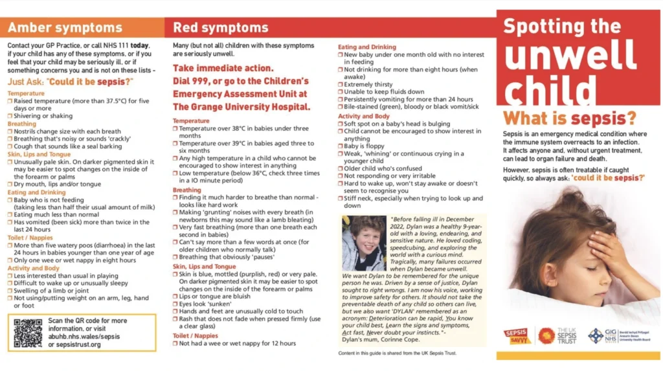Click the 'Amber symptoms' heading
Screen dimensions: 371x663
point(65,28)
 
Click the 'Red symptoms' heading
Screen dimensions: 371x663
point(220,28)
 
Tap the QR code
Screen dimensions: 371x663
point(27,332)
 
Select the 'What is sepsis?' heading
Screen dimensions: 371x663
point(570,118)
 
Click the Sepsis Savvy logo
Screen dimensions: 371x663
point(517,335)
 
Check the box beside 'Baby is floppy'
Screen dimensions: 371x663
point(341,146)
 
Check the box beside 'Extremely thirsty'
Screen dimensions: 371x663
point(341,84)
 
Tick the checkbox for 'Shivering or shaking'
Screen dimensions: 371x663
point(10,116)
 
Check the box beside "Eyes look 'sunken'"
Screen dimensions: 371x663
point(175,304)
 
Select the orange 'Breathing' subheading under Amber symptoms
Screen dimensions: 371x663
point(22,124)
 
